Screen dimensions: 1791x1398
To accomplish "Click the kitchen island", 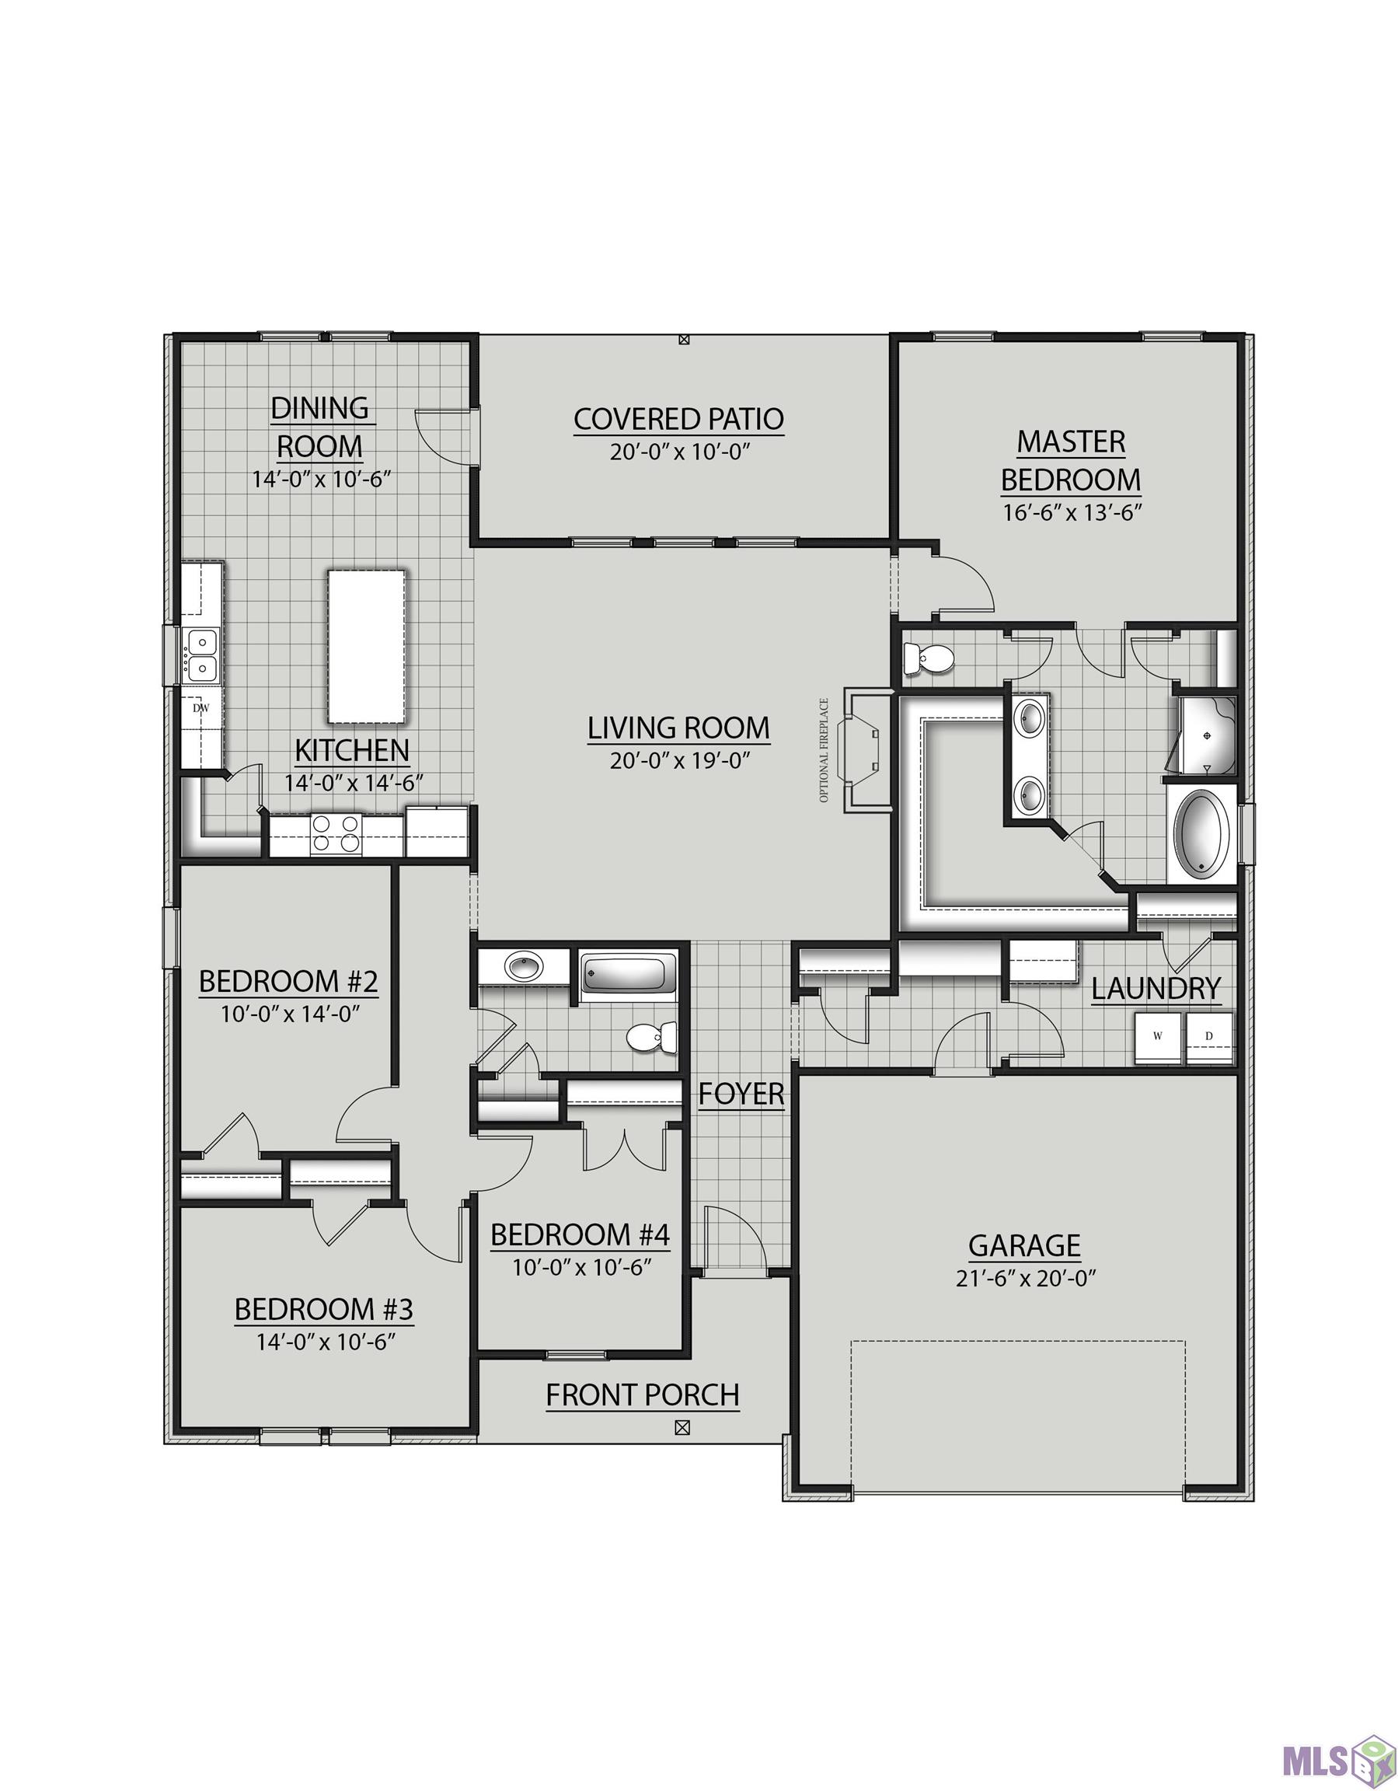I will coord(366,647).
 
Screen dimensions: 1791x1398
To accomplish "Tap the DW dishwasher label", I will coord(200,707).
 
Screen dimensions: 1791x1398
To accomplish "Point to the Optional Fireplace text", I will coord(824,750).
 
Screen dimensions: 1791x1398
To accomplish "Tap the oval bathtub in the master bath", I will coord(1203,835).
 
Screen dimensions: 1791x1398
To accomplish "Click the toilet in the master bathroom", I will coord(927,658).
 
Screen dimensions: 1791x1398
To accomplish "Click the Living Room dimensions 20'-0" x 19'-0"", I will coord(680,760).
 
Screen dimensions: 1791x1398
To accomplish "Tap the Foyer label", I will coord(741,1094).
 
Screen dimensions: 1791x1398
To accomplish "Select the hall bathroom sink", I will coord(522,967).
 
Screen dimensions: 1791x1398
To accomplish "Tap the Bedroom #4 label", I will coord(580,1235).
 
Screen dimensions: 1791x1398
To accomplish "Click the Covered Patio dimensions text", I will coord(680,452).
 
